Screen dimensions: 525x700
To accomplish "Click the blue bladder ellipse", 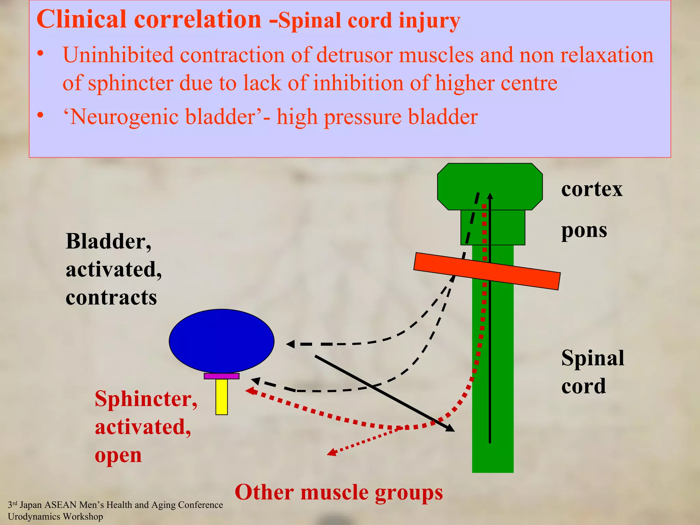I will coord(221,341).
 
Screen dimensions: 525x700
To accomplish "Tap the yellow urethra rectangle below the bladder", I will coord(221,396).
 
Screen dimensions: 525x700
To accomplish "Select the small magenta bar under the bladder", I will coord(221,376).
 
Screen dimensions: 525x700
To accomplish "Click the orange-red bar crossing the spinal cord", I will coord(487,271).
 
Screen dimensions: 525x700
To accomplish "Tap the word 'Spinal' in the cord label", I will coord(593,358).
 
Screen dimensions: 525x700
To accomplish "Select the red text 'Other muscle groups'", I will coord(338,493).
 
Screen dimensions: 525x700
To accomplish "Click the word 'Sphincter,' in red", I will coord(146,399).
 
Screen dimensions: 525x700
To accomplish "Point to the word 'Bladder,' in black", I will coord(108,241).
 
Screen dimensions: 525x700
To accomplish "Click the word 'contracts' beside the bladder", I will coord(111,297).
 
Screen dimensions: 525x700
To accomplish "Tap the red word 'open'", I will coord(118,455).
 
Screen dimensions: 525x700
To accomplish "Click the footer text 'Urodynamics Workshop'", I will coord(55,516).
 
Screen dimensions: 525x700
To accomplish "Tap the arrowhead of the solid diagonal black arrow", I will coord(451,429).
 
